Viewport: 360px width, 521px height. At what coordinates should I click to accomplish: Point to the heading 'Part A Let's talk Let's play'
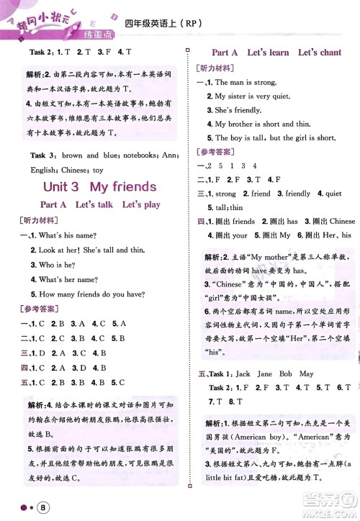pos(100,204)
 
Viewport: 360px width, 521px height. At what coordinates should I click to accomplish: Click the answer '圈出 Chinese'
pos(330,221)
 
